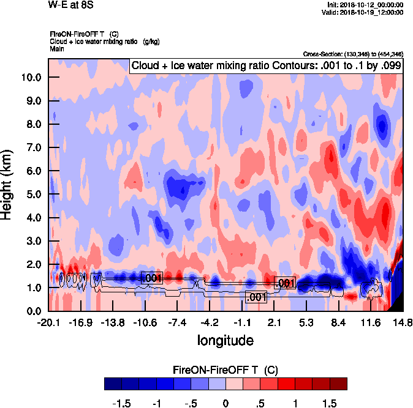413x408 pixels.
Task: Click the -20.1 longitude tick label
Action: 48,322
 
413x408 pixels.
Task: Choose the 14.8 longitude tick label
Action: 402,322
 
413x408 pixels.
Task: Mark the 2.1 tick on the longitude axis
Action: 274,322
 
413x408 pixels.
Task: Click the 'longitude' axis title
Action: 225,339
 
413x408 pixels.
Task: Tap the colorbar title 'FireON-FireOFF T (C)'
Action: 225,370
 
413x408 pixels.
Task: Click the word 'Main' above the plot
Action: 57,48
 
